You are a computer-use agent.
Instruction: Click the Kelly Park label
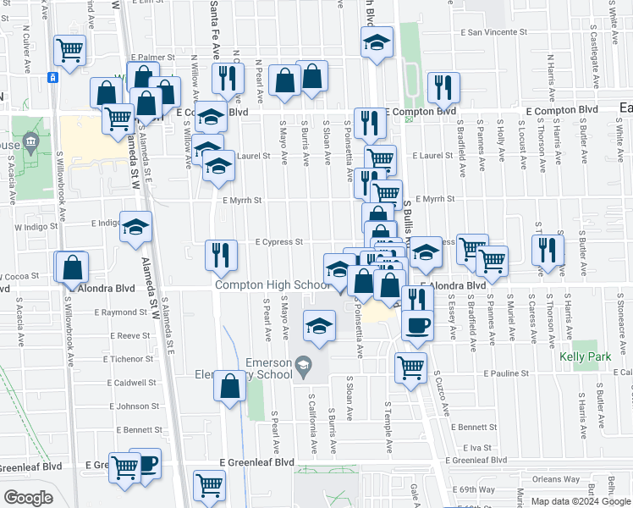coord(585,356)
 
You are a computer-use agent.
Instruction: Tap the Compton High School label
coord(271,284)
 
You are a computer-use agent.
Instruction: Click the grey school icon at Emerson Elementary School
coord(303,366)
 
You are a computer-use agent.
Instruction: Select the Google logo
coord(28,498)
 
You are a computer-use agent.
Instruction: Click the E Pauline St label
coord(506,373)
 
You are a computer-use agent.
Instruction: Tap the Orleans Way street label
coord(557,479)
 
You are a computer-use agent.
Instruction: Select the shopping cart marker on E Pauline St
coord(410,367)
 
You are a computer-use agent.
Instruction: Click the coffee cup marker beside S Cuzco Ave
coord(416,324)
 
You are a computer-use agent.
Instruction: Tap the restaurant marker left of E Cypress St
coord(221,255)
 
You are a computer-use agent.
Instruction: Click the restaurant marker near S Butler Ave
coord(548,250)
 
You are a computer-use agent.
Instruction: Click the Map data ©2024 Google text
coord(580,501)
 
